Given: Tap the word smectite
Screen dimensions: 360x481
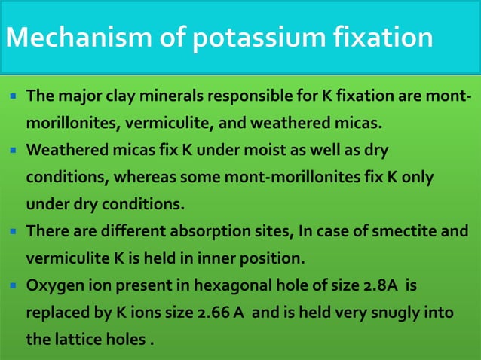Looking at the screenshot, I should tap(397, 231).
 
